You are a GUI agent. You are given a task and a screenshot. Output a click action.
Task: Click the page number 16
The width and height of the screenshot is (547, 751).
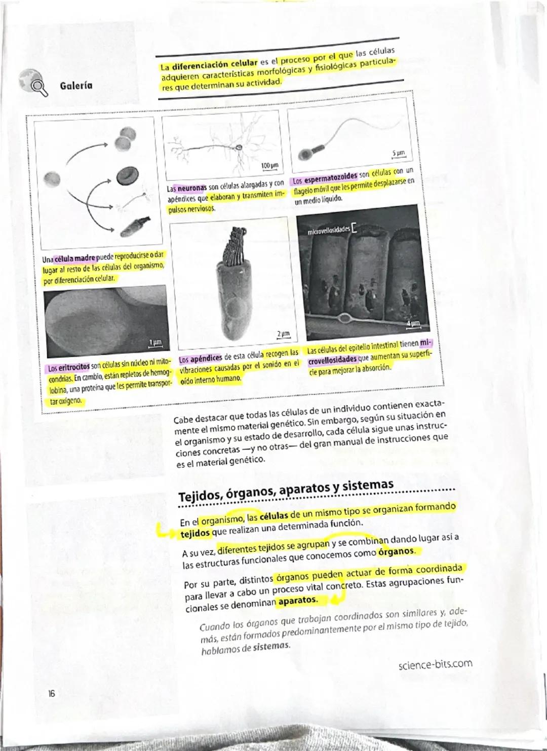(52, 694)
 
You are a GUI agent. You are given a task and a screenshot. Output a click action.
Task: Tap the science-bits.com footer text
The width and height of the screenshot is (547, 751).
(435, 663)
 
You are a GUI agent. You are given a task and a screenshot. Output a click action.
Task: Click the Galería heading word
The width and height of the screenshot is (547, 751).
(76, 86)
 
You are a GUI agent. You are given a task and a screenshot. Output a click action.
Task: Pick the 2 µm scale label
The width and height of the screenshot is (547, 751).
(283, 333)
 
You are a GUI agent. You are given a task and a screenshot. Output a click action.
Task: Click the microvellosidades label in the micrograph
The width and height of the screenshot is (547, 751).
(328, 230)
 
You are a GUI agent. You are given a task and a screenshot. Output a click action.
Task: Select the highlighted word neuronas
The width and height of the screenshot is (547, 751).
(191, 187)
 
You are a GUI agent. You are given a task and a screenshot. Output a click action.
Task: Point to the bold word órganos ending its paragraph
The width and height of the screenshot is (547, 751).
(396, 551)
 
